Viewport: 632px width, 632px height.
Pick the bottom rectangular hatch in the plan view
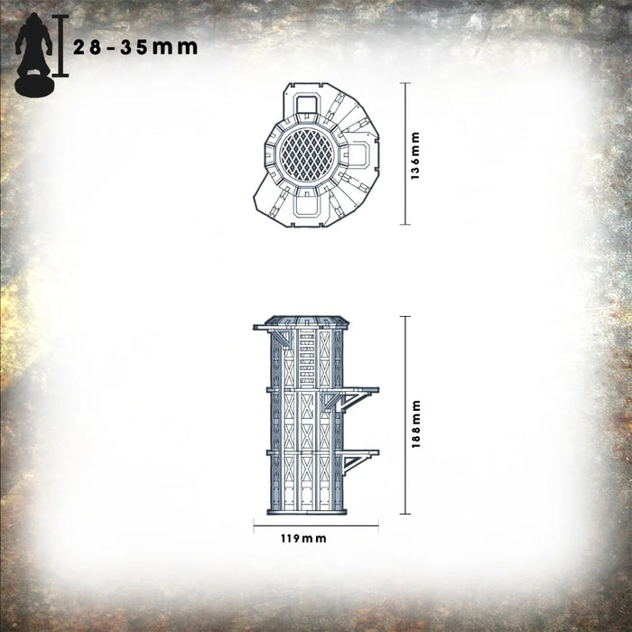[x=304, y=208]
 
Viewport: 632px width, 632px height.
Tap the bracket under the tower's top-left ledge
[x=281, y=338]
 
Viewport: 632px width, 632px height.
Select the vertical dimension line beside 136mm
[x=404, y=153]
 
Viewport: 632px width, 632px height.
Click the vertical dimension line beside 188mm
[x=404, y=416]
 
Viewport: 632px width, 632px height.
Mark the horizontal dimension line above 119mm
[x=315, y=525]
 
